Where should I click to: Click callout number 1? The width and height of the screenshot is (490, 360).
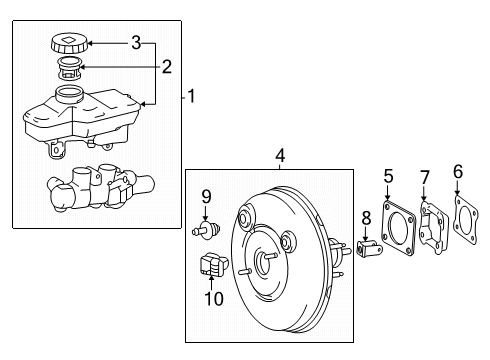coord(193,97)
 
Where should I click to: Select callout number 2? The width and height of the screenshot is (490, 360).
coord(167,68)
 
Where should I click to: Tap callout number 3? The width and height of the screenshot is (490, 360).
coord(136,42)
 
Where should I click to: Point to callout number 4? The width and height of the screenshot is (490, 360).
coord(281,155)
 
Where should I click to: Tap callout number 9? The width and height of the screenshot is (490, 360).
coord(206,196)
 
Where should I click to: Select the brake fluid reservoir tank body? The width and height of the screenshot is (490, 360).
coord(80,118)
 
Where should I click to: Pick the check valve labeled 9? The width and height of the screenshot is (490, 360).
coord(206,231)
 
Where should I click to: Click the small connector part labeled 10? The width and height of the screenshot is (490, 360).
coord(211,267)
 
